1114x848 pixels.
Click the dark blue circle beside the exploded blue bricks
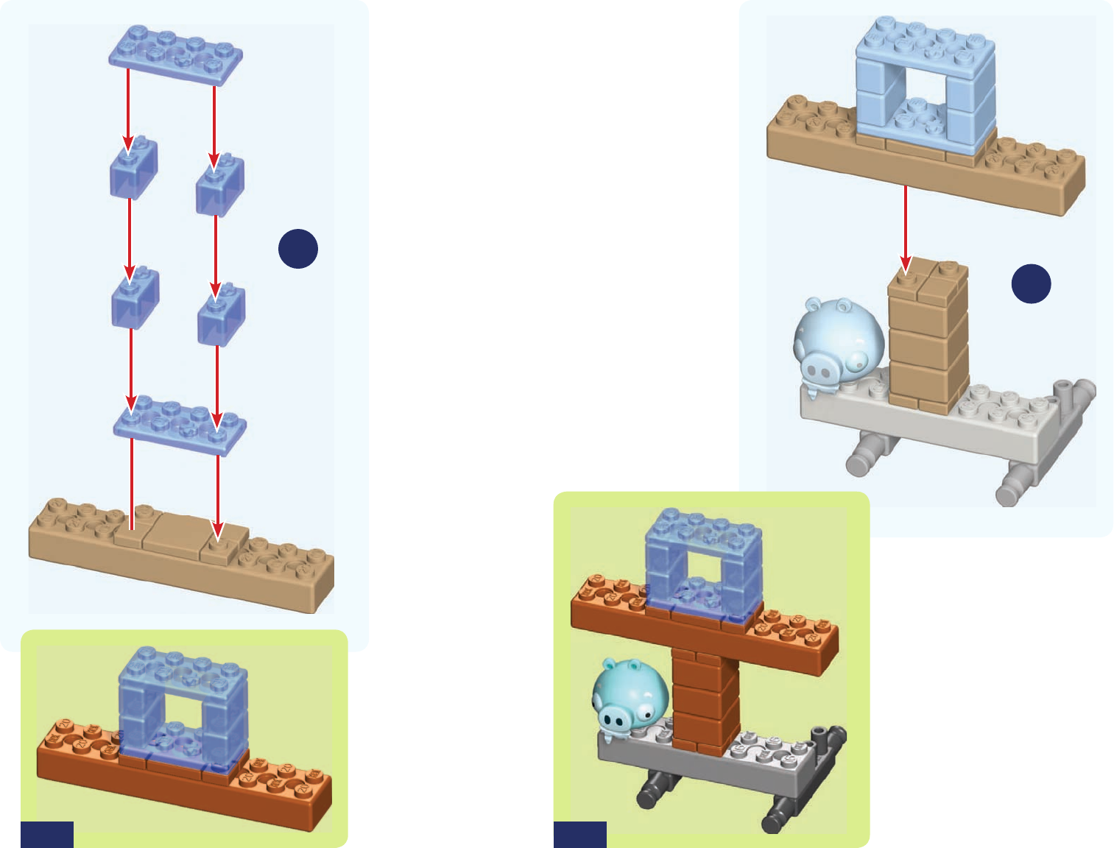[x=298, y=249]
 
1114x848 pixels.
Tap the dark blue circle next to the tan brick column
[x=1031, y=283]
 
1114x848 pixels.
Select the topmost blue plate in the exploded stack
[x=176, y=54]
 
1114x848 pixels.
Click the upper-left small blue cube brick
[x=133, y=169]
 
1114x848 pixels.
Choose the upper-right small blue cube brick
[x=219, y=185]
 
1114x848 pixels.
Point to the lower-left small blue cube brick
[x=135, y=300]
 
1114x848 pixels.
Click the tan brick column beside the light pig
[x=928, y=335]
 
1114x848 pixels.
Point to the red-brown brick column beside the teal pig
[x=705, y=699]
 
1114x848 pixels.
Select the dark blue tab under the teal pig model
[x=580, y=835]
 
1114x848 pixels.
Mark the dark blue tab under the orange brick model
[x=47, y=835]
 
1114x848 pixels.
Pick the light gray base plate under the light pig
[x=957, y=427]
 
